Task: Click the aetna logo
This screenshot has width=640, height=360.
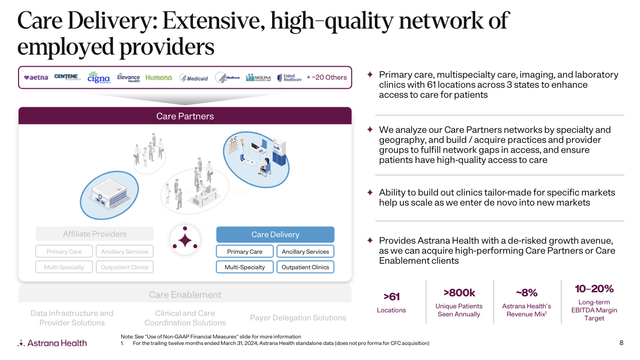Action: [36, 78]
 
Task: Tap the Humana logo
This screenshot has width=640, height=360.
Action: [159, 78]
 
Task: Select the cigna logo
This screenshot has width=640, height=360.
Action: [98, 77]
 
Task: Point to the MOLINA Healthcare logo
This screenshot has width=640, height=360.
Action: [259, 78]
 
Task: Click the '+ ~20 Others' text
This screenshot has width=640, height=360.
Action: [326, 77]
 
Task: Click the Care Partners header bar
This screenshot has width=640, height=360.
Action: [185, 116]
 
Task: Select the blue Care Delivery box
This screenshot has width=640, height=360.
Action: [275, 234]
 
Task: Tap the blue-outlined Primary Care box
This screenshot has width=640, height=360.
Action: [245, 251]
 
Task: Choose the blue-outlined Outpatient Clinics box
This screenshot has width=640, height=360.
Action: [305, 267]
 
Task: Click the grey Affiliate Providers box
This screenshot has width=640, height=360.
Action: [94, 234]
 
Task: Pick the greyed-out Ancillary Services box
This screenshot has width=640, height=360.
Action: [125, 251]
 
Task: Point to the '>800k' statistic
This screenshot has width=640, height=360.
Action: [459, 293]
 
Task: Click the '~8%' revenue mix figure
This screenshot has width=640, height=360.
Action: [527, 293]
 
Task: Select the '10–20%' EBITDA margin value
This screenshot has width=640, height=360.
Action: [594, 289]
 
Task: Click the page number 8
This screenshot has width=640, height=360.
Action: [621, 343]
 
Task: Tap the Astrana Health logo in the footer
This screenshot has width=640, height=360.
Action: [52, 343]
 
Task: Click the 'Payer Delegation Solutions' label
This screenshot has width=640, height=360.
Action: [298, 317]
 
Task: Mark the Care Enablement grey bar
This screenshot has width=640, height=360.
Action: [185, 294]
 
